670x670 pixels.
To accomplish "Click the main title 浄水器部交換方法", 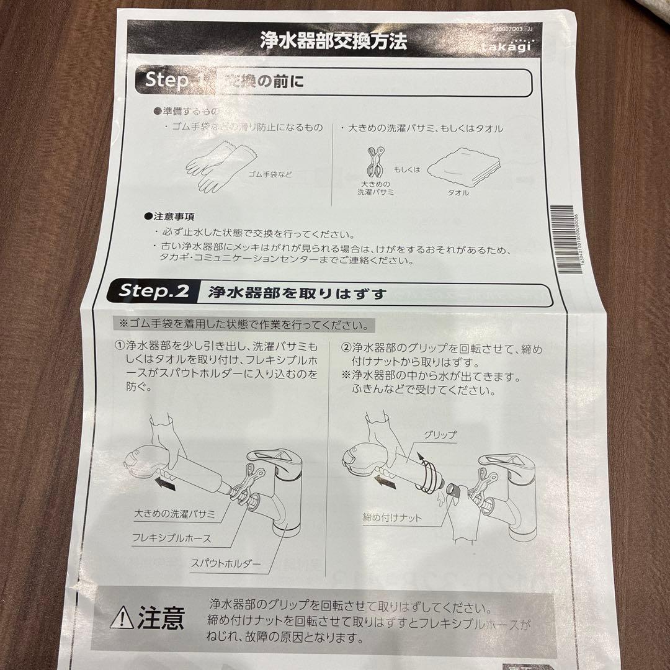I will pyautogui.click(x=333, y=42).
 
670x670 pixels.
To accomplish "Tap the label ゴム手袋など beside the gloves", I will pyautogui.click(x=270, y=174).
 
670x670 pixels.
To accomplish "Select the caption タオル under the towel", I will pyautogui.click(x=458, y=193).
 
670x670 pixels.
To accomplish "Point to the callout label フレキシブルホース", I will pyautogui.click(x=172, y=538).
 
